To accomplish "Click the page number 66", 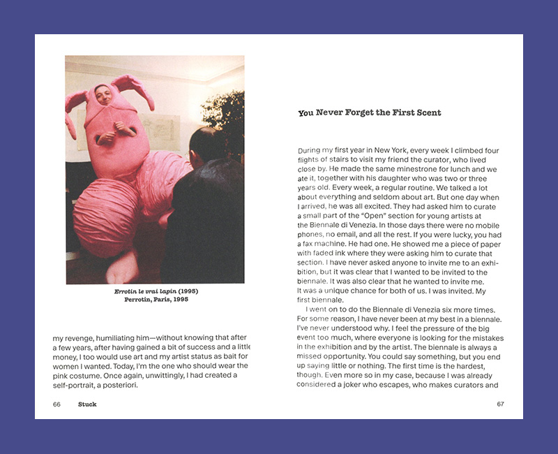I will tap(56, 404).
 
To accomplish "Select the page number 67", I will tap(500, 404).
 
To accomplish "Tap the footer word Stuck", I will tap(87, 404).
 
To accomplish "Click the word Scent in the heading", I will tap(427, 112).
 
